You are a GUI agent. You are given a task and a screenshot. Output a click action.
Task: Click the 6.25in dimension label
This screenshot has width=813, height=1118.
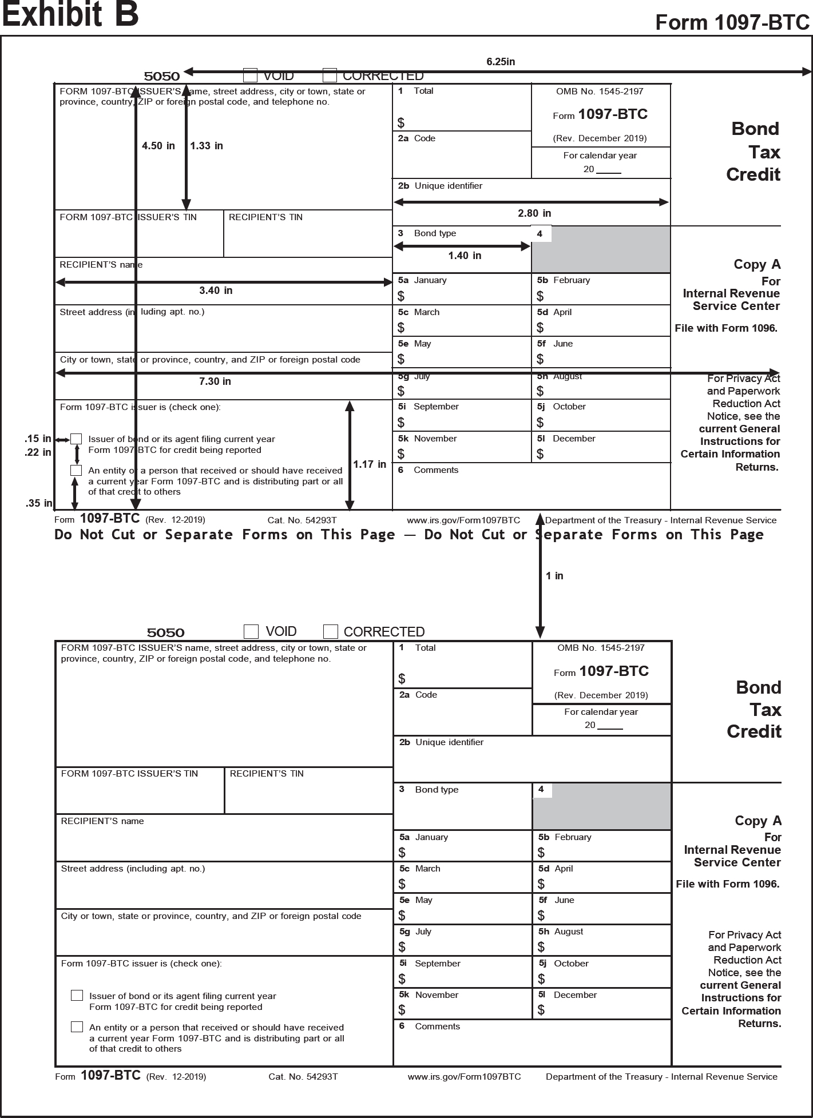[501, 62]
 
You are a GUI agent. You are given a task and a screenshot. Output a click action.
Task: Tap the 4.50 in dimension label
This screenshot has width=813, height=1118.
[158, 146]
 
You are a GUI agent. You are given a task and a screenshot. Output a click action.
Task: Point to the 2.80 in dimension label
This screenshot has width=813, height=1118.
[534, 213]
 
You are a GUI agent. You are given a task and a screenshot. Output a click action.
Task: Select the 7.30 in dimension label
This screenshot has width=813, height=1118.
[215, 381]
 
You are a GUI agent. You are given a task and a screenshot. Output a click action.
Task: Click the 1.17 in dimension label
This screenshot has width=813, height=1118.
[369, 464]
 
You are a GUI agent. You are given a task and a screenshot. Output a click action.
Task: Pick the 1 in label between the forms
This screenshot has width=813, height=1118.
[554, 576]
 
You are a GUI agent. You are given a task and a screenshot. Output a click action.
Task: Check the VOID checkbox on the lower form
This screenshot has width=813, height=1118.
[251, 631]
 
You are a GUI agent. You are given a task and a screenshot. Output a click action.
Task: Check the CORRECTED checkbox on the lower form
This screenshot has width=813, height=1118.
[330, 631]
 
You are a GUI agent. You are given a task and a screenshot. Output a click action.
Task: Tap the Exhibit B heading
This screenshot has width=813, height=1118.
[70, 15]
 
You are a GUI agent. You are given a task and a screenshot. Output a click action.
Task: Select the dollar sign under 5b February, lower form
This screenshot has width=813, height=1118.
[541, 853]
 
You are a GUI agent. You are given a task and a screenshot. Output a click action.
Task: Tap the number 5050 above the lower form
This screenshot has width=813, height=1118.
[165, 632]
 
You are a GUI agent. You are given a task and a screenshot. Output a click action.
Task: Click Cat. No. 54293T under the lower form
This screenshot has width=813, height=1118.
[303, 1077]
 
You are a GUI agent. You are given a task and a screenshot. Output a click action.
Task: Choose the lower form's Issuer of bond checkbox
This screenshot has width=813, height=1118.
[77, 996]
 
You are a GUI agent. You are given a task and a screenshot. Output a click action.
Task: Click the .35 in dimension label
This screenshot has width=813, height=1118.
[38, 504]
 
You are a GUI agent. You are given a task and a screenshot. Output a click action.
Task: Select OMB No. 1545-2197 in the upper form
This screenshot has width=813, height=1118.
[600, 91]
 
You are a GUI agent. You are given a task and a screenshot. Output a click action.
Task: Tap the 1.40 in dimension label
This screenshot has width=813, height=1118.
[465, 256]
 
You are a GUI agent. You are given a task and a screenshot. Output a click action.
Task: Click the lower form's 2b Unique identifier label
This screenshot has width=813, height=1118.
[442, 742]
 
